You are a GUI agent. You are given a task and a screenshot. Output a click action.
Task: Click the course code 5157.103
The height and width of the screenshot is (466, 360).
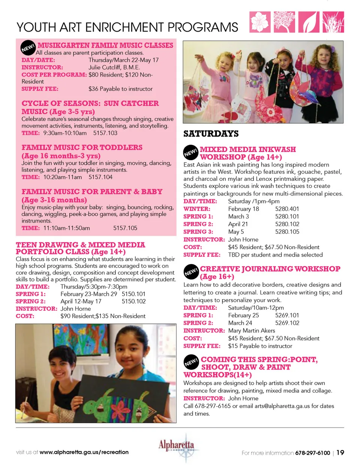click(105, 133)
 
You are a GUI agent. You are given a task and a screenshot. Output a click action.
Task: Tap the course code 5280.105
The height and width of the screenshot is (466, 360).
click(287, 232)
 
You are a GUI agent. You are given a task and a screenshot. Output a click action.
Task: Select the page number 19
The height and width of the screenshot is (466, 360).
click(340, 452)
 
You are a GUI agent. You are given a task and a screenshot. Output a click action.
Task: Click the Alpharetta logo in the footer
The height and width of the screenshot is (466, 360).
click(177, 448)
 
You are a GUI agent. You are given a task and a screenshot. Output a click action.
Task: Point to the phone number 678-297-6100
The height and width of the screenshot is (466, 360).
click(312, 453)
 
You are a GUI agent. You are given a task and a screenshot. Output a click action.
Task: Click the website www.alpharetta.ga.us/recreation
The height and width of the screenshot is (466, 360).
click(84, 452)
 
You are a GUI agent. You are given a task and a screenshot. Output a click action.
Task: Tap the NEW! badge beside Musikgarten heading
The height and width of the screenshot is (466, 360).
click(28, 48)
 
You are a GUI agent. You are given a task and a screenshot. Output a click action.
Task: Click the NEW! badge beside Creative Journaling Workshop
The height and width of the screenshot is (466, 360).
click(191, 272)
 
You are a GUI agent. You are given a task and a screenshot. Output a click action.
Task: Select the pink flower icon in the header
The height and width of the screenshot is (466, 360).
click(260, 22)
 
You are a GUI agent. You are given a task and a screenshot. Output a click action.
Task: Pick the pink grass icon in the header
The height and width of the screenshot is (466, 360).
click(333, 22)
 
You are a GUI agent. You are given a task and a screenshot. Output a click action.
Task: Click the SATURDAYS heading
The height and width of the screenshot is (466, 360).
click(211, 134)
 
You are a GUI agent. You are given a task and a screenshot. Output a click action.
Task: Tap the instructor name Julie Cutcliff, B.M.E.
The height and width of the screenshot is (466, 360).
click(114, 68)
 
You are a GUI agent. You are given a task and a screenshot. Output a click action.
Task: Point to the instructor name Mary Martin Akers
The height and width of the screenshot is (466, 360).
click(251, 331)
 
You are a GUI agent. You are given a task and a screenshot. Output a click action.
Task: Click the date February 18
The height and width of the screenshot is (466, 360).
click(243, 209)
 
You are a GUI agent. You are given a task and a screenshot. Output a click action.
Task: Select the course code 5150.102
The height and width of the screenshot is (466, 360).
click(133, 301)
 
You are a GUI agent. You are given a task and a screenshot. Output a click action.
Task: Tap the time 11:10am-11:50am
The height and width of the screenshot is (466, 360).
click(66, 228)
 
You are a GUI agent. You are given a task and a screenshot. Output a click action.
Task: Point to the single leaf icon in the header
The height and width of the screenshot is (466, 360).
click(309, 22)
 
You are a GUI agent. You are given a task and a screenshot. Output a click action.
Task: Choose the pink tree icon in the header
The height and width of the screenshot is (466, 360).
click(284, 22)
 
